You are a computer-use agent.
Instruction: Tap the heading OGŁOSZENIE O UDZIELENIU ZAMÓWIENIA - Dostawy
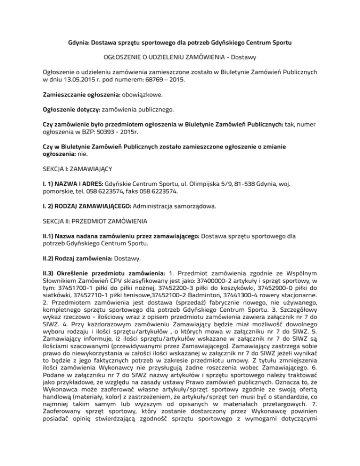(180, 57)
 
